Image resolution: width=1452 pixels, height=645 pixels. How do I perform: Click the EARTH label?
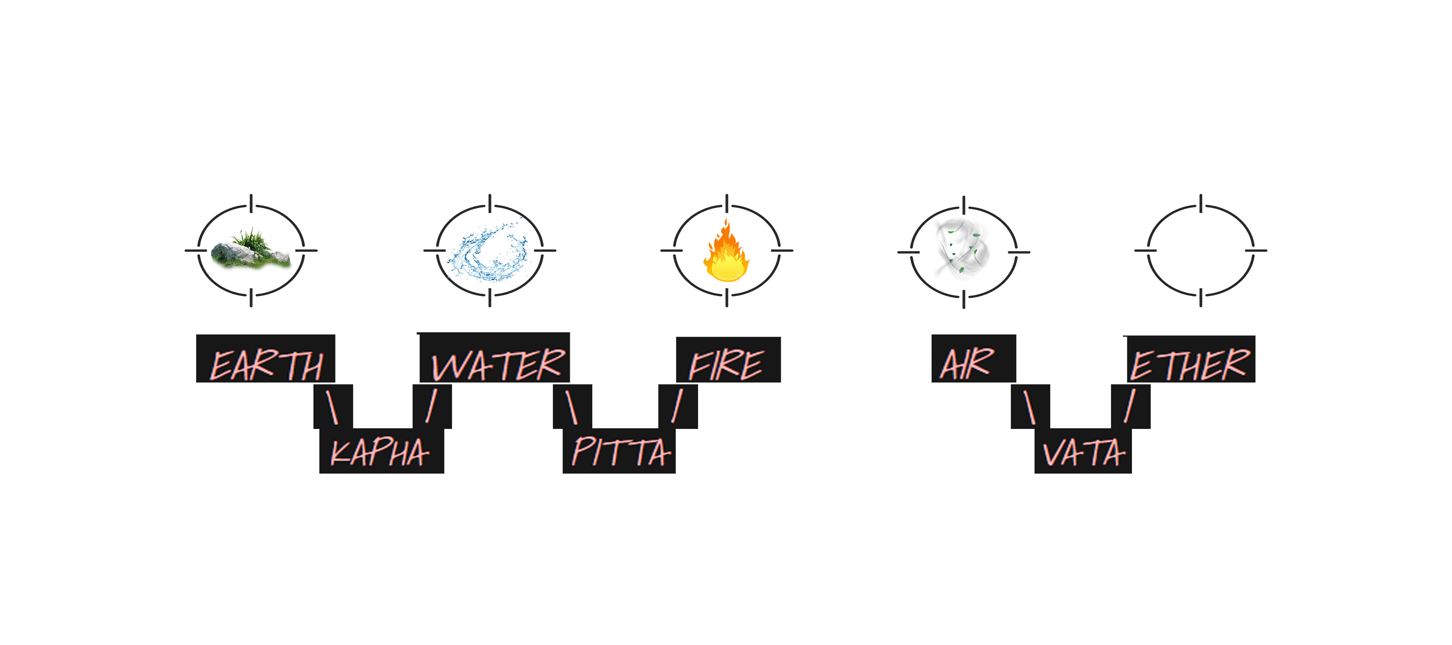[x=266, y=365]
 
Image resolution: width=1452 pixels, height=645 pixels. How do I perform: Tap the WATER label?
[x=498, y=364]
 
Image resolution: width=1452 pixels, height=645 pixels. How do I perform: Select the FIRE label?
[x=727, y=365]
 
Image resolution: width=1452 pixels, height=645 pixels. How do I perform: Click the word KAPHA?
[x=379, y=452]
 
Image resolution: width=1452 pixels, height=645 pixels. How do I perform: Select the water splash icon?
[x=489, y=251]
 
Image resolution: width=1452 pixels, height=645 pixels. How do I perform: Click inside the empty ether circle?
[x=1201, y=250]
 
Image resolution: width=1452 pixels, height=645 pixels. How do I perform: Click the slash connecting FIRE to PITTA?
[x=677, y=405]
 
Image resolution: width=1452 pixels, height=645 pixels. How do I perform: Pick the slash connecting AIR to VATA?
[x=1029, y=407]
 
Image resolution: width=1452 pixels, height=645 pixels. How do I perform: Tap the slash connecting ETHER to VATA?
[x=1129, y=405]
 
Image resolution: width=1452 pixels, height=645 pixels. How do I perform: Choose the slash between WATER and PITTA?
[x=572, y=407]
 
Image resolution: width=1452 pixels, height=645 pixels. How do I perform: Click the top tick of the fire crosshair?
[x=727, y=203]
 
